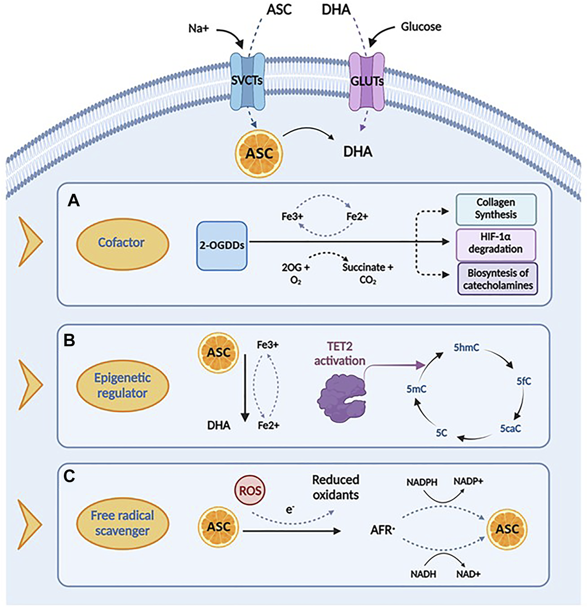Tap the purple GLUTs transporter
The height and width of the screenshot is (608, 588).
tap(367, 82)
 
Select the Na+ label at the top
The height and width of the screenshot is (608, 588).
tap(198, 29)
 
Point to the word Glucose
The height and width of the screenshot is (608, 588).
tap(421, 26)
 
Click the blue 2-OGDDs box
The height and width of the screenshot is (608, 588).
tap(222, 246)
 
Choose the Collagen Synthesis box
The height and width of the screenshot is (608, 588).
tap(496, 209)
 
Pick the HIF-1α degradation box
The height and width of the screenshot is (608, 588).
tap(496, 243)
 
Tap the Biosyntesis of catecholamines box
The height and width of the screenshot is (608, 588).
tap(498, 279)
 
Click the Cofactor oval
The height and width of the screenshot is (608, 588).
tap(122, 243)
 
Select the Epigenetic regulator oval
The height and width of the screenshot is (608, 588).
tap(122, 385)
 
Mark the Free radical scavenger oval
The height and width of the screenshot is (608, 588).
tap(122, 523)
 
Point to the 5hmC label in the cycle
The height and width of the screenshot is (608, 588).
tap(466, 347)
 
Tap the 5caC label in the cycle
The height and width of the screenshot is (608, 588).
tap(510, 429)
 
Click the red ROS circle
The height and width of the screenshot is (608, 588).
tap(250, 490)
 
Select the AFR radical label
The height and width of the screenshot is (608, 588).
tap(382, 530)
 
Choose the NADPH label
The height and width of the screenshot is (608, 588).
tap(422, 482)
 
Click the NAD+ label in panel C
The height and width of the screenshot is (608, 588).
tap(468, 574)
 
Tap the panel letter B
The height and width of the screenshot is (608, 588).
tap(69, 340)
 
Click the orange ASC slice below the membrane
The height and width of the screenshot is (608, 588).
tap(259, 153)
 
